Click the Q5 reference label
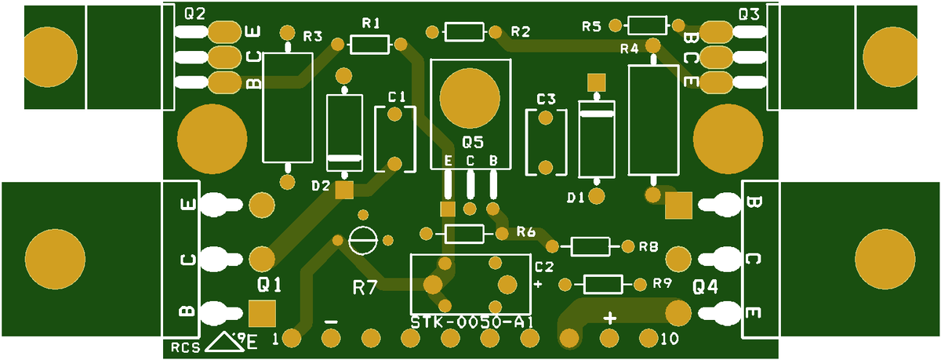(473, 143)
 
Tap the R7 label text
(365, 288)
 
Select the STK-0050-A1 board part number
(472, 322)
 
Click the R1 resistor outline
(369, 45)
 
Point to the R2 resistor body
(464, 32)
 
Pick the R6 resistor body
(464, 234)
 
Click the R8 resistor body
(590, 246)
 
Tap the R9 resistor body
(603, 285)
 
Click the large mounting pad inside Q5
(470, 97)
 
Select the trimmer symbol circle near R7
(363, 240)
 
